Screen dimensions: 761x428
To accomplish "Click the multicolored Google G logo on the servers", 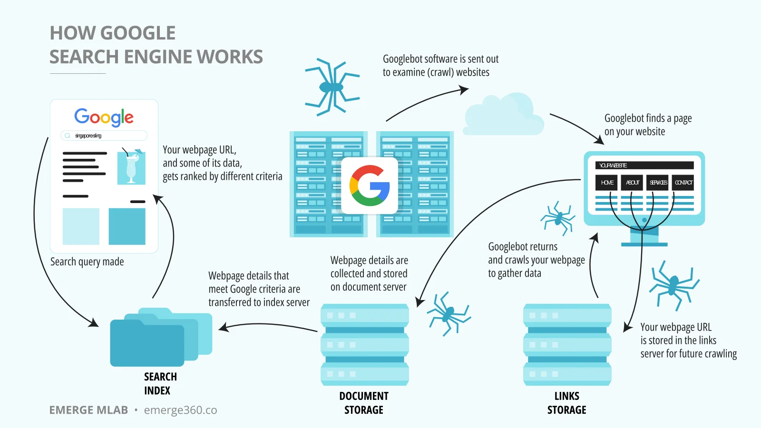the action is pyautogui.click(x=369, y=185).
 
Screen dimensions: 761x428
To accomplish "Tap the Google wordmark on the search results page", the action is pyautogui.click(x=104, y=117).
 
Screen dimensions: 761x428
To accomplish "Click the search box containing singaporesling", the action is pyautogui.click(x=104, y=136).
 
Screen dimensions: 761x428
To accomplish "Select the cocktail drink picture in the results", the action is pyautogui.click(x=131, y=166).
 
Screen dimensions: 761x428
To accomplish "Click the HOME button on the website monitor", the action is pyautogui.click(x=607, y=183).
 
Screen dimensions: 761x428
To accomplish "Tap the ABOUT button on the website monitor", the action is pyautogui.click(x=632, y=183).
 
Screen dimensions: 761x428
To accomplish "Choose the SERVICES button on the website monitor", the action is pyautogui.click(x=658, y=183).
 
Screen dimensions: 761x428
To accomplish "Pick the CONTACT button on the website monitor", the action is pyautogui.click(x=683, y=183).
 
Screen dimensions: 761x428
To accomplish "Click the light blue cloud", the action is pyautogui.click(x=504, y=115).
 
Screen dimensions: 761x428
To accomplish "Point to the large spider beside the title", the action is pyautogui.click(x=332, y=87).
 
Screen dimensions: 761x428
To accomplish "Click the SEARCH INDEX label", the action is pyautogui.click(x=160, y=383).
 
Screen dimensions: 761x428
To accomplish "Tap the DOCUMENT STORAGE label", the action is pyautogui.click(x=364, y=403).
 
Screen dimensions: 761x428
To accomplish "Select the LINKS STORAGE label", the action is pyautogui.click(x=566, y=403).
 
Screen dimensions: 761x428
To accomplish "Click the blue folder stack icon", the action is pyautogui.click(x=161, y=337).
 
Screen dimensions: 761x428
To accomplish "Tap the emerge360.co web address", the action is pyautogui.click(x=180, y=410).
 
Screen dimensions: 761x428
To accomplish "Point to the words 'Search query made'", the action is pyautogui.click(x=87, y=262).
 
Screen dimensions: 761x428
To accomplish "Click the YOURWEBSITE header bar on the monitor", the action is pyautogui.click(x=644, y=165).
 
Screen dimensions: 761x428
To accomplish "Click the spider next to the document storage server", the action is pyautogui.click(x=449, y=313).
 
